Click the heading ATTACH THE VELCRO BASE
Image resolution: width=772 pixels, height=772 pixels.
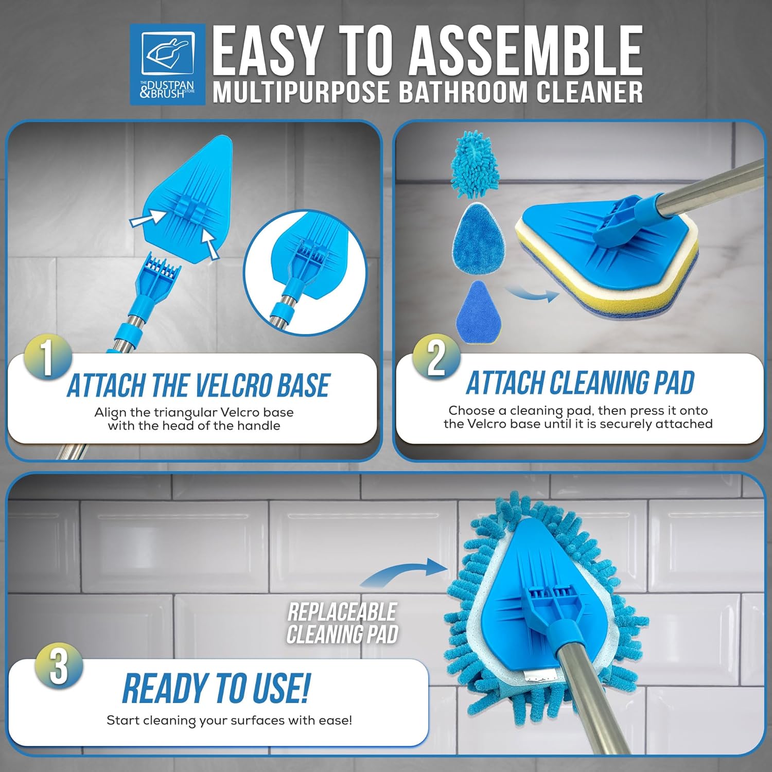click(198, 385)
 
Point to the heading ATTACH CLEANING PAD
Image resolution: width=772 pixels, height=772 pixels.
click(580, 383)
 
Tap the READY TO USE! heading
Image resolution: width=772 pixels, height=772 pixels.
click(216, 688)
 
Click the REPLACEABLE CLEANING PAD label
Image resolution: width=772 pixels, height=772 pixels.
click(342, 623)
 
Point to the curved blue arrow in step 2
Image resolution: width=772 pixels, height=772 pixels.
click(533, 294)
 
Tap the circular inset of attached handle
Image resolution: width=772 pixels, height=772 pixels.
click(305, 273)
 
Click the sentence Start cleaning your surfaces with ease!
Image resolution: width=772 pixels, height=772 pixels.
click(230, 720)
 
